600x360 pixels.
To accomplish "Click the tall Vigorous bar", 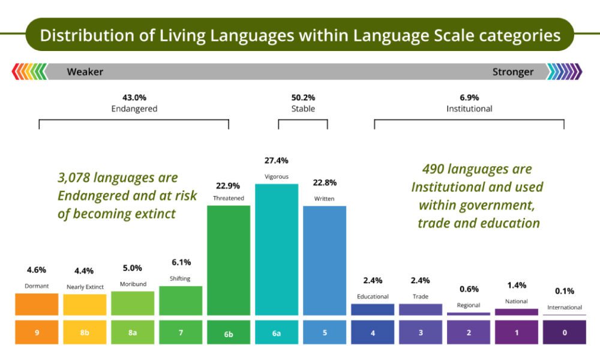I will (x=276, y=249).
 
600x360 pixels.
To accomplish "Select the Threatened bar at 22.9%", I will (x=229, y=260).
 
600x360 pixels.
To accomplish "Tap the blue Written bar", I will (x=325, y=260).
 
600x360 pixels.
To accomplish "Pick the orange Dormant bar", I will (x=37, y=304).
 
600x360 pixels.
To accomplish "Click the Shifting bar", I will (x=181, y=300).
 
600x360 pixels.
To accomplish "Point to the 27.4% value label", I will (x=276, y=161).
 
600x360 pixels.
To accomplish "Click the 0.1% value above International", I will (x=564, y=291).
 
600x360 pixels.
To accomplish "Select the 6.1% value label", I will (x=181, y=262).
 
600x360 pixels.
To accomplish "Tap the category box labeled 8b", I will (x=85, y=332).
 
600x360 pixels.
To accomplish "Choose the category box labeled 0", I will (x=564, y=332).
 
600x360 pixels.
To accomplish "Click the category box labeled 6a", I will (x=276, y=332).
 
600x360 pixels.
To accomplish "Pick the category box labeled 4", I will (x=373, y=332).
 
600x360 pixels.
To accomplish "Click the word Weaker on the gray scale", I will (x=85, y=72).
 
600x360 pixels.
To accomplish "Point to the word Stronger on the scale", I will (x=512, y=72).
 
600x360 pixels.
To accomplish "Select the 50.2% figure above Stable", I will (x=303, y=97).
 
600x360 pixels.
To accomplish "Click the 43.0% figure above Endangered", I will (x=134, y=97).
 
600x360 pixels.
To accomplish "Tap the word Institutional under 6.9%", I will (x=469, y=109).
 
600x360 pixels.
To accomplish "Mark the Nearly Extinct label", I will (x=85, y=287).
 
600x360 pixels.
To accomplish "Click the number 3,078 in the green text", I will (x=77, y=178).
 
